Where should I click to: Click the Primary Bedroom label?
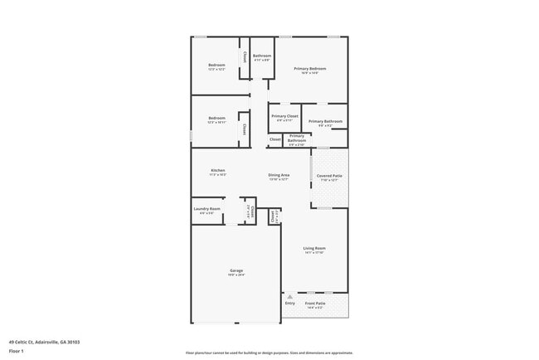pyautogui.click(x=310, y=68)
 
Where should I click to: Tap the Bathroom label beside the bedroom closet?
pyautogui.click(x=262, y=56)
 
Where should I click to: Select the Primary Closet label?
pyautogui.click(x=284, y=116)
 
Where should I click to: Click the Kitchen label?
pyautogui.click(x=217, y=170)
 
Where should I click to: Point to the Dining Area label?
pyautogui.click(x=279, y=175)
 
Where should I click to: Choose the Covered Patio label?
pyautogui.click(x=329, y=176)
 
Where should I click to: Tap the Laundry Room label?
pyautogui.click(x=206, y=209)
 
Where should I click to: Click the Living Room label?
pyautogui.click(x=313, y=248)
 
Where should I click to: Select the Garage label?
pyautogui.click(x=236, y=270)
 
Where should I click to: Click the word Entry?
pyautogui.click(x=289, y=303)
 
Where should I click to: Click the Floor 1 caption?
pyautogui.click(x=17, y=351)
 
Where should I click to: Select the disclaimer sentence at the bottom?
pyautogui.click(x=269, y=353)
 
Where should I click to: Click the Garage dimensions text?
pyautogui.click(x=236, y=275)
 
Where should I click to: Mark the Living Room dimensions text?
pyautogui.click(x=313, y=252)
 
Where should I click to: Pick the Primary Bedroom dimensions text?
pyautogui.click(x=310, y=73)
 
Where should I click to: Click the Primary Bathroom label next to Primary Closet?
pyautogui.click(x=321, y=121)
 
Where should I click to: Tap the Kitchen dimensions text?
pyautogui.click(x=217, y=175)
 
